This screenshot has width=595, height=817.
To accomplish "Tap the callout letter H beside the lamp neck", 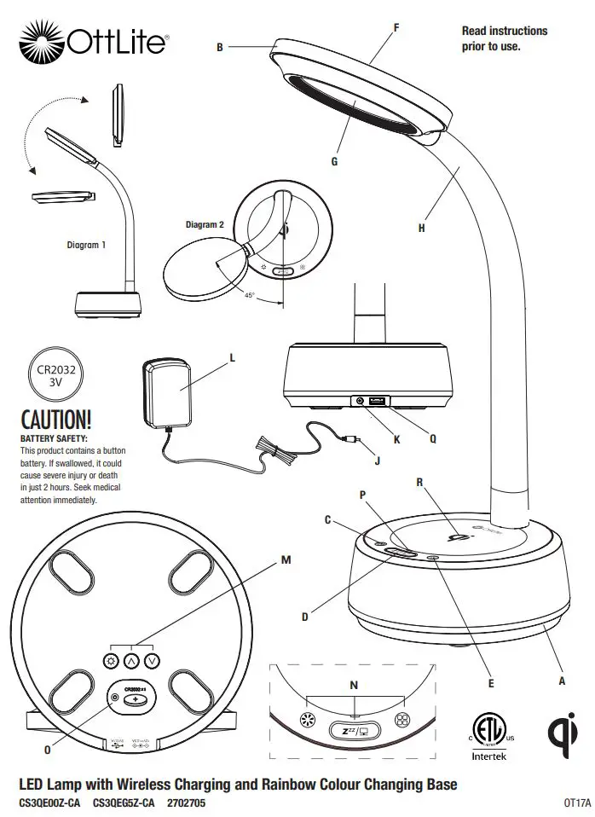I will click(421, 228).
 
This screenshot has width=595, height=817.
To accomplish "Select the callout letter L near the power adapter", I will click(231, 359).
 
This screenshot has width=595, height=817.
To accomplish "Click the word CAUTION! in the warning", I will click(55, 420).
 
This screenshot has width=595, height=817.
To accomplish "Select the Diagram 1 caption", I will click(87, 245).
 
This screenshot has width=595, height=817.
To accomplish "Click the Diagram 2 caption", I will click(205, 225).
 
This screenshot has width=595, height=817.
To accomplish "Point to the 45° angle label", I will click(250, 295).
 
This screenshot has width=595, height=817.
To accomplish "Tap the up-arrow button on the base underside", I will click(130, 660).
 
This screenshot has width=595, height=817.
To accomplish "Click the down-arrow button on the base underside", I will click(152, 660).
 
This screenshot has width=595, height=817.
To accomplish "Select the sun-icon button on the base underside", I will click(110, 660).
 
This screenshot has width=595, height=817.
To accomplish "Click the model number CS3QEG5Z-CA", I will click(124, 803).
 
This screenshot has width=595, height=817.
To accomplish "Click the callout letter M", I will click(286, 560).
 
